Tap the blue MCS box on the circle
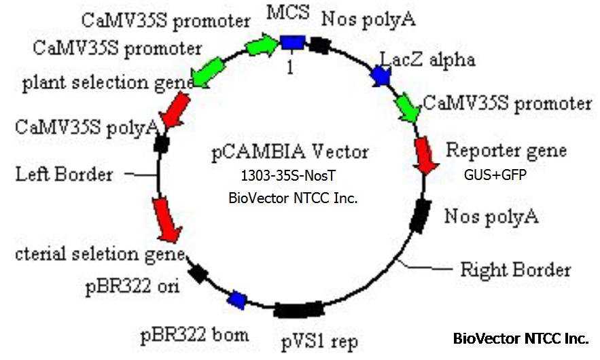(292, 43)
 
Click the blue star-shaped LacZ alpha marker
(378, 76)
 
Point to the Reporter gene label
(506, 150)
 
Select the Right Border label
(515, 270)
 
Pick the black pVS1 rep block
(298, 310)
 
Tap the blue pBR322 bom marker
(236, 299)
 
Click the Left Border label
(64, 175)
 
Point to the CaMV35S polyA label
(88, 126)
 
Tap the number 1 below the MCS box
(290, 67)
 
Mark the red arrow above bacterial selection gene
(166, 219)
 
